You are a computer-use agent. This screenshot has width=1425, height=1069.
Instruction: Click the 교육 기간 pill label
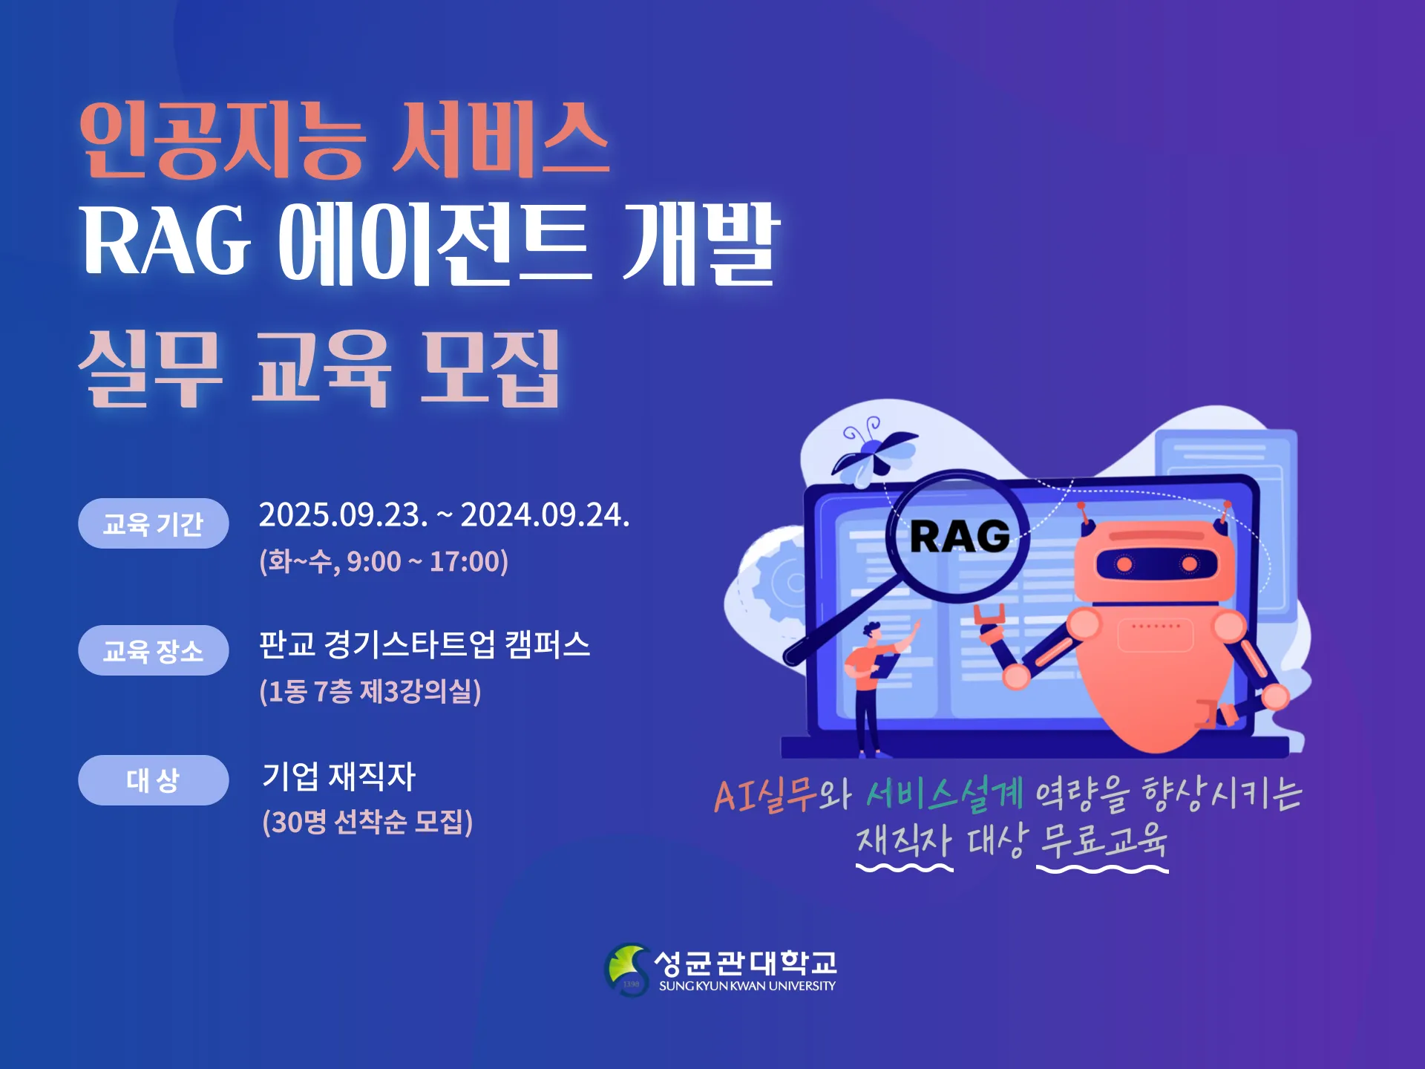pyautogui.click(x=153, y=523)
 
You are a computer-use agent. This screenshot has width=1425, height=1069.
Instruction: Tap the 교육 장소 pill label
pyautogui.click(x=153, y=650)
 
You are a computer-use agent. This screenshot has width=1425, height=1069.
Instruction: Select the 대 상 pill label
pyautogui.click(x=153, y=780)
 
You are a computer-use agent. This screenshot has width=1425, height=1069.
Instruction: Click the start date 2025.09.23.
pyautogui.click(x=344, y=514)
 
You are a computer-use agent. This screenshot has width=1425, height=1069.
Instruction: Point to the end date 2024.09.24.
pyautogui.click(x=545, y=514)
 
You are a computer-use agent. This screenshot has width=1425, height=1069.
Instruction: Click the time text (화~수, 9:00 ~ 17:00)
pyautogui.click(x=384, y=561)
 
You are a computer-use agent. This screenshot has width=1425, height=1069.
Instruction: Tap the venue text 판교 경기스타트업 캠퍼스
pyautogui.click(x=425, y=644)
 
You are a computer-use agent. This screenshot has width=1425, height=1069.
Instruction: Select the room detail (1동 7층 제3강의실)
pyautogui.click(x=370, y=691)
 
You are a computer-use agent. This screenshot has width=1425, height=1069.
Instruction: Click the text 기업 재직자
pyautogui.click(x=339, y=776)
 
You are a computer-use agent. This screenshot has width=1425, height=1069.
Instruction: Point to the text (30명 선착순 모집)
pyautogui.click(x=367, y=822)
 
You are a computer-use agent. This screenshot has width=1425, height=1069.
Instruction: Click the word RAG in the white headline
pyautogui.click(x=166, y=241)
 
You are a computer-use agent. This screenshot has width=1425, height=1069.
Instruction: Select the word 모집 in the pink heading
pyautogui.click(x=490, y=368)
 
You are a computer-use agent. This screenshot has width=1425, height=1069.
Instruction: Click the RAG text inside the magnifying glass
pyautogui.click(x=960, y=536)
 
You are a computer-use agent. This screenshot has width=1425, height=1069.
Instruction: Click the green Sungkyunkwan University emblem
pyautogui.click(x=627, y=970)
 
